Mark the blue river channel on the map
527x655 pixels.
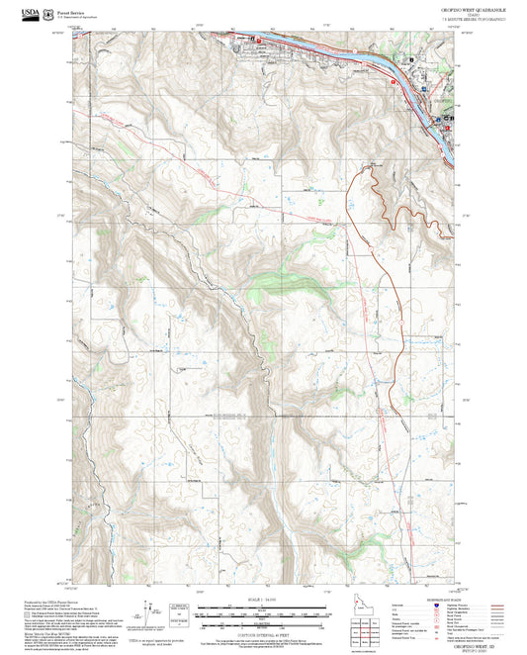(326, 48)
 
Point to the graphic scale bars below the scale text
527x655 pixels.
(261, 614)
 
